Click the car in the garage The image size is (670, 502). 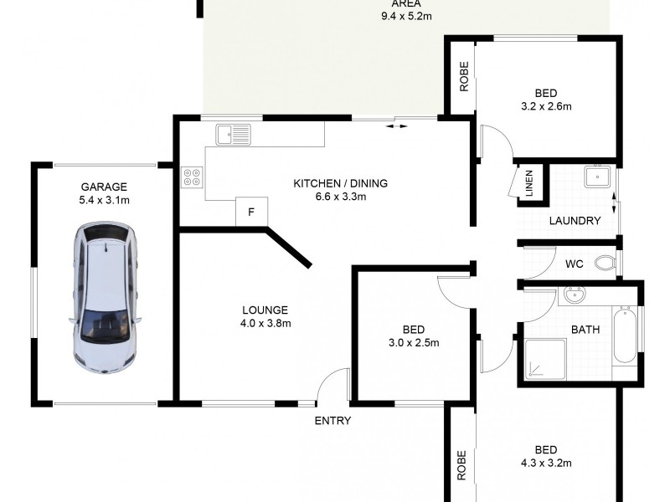coord(106,297)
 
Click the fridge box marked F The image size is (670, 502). coord(250,212)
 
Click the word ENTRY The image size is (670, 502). coord(332,421)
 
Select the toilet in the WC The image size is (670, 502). coord(605,264)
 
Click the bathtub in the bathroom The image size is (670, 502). coord(625,336)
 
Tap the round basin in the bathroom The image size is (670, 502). coord(575,295)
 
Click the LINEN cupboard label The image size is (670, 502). coord(529,185)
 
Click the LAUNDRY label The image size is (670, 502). coord(575,221)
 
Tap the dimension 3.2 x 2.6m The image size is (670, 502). coord(545,106)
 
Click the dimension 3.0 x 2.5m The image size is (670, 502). coord(413,342)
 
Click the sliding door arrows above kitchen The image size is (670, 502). coord(397,126)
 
